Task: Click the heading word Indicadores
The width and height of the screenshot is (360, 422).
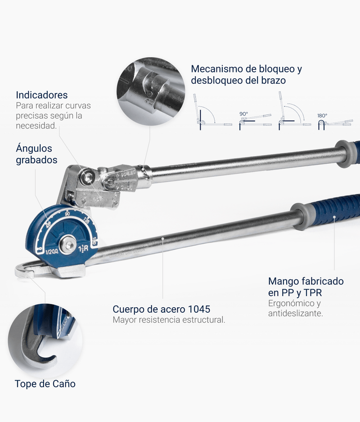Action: (x=42, y=95)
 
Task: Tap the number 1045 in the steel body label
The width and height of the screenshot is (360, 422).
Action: (x=199, y=309)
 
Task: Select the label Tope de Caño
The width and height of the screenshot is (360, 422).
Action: (x=45, y=384)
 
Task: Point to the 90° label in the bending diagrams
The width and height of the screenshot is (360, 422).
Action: (x=244, y=114)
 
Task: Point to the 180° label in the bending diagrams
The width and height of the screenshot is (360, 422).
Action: (x=322, y=116)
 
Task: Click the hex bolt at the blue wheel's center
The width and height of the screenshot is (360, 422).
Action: (x=67, y=245)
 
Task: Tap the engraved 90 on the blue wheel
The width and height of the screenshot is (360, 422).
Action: (x=67, y=214)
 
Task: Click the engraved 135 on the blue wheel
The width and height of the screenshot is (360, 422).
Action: (x=86, y=220)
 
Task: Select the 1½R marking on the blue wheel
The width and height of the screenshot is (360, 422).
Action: (x=83, y=249)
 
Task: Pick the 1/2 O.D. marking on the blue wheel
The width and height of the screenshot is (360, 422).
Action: (x=52, y=252)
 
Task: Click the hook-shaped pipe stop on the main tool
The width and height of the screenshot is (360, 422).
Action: (x=24, y=270)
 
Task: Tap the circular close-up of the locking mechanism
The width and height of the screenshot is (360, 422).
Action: (x=151, y=91)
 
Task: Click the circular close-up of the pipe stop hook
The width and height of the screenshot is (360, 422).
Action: (x=45, y=341)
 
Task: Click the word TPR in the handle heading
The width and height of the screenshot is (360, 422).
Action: (x=313, y=293)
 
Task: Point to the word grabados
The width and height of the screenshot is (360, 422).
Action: (x=36, y=160)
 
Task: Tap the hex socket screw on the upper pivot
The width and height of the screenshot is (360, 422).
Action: (x=87, y=176)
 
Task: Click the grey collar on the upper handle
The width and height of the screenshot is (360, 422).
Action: (x=342, y=154)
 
